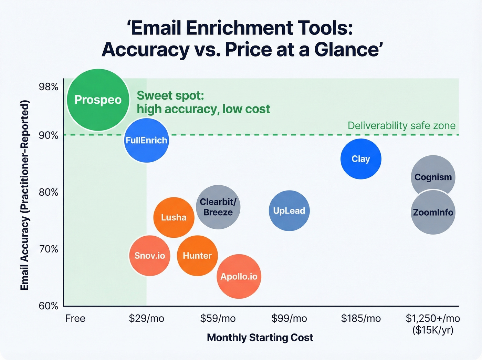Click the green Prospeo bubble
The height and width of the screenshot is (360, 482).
[x=98, y=100]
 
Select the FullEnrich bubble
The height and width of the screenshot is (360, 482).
[x=146, y=140]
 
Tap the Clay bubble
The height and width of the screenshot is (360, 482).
[x=361, y=159]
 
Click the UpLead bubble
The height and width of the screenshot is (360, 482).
[x=289, y=210]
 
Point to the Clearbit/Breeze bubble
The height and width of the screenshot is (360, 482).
[x=218, y=207]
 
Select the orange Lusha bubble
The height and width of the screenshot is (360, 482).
[x=174, y=217]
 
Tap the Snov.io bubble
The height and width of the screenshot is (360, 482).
[x=150, y=256]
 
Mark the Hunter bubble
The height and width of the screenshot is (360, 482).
[x=197, y=256]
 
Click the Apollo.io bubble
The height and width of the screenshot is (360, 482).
[x=239, y=277]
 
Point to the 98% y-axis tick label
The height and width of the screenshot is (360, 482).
[x=49, y=87]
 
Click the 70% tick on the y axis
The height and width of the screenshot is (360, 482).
[x=49, y=249]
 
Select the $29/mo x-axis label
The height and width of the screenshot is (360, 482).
[x=146, y=318]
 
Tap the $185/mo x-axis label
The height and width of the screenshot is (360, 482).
[x=361, y=318]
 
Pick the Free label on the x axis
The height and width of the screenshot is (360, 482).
[x=75, y=318]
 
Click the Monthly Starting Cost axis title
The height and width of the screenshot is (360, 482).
[x=260, y=338]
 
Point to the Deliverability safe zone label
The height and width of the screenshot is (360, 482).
[x=401, y=126]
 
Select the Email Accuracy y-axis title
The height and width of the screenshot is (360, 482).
[x=24, y=195]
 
